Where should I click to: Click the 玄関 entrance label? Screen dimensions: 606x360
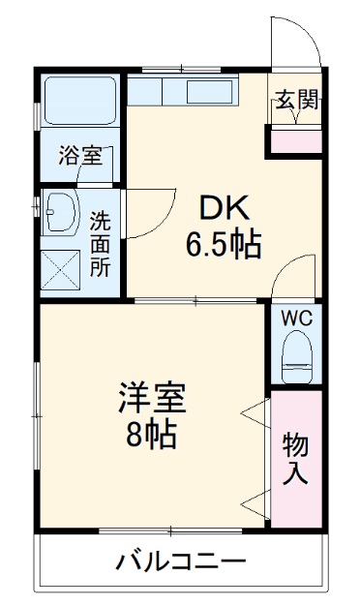(x=296, y=99)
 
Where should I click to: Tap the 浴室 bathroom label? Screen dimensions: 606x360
(x=79, y=155)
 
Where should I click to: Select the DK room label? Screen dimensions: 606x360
(x=224, y=207)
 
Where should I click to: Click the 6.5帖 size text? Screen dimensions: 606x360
(x=224, y=243)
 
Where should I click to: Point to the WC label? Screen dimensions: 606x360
(x=295, y=318)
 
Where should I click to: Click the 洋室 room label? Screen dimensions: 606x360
(x=152, y=398)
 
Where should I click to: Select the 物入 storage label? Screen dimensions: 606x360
(x=295, y=460)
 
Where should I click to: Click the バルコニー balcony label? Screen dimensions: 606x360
(x=181, y=561)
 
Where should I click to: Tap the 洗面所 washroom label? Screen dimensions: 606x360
(x=101, y=244)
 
